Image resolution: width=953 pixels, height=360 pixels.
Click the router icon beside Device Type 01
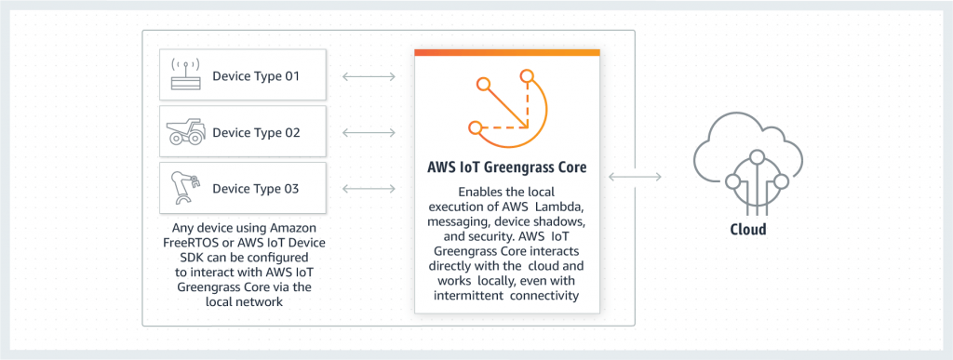pos(186,76)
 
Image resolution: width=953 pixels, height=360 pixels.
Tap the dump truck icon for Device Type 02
pos(186,132)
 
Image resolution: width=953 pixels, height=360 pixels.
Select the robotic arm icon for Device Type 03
pos(185,188)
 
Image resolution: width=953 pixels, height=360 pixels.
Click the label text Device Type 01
pos(256,76)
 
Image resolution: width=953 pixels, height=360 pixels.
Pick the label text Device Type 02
pos(256,132)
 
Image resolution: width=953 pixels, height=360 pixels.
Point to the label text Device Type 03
pos(256,189)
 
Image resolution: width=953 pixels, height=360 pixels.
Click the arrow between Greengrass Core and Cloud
pos(635,175)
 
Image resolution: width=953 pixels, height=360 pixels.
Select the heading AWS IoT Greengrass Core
pos(506,169)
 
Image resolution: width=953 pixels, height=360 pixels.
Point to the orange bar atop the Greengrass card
pos(506,53)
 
